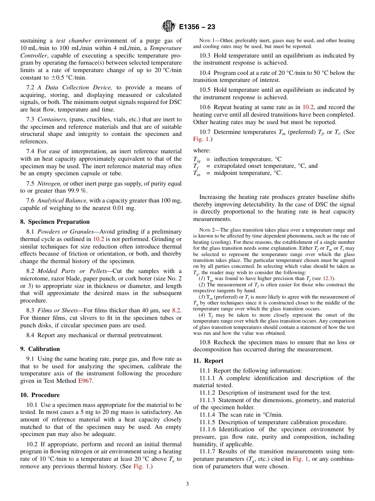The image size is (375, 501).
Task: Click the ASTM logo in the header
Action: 169,27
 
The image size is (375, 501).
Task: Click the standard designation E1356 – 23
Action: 197,27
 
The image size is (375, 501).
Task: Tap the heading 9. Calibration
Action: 40,349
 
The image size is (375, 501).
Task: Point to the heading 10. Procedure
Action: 40,395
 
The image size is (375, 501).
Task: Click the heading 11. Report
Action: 208,361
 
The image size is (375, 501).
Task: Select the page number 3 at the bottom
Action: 187,484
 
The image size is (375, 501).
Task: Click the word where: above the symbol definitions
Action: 202,150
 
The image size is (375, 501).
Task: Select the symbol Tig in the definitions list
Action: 197,160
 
